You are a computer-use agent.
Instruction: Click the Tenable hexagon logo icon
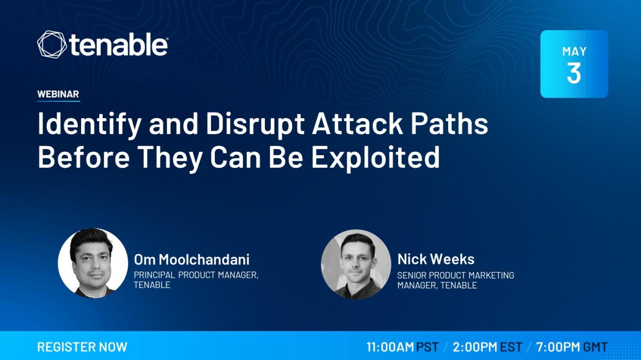pos(52,45)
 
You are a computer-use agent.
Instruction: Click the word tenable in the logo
pos(118,45)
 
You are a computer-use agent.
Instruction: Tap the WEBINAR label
pos(58,94)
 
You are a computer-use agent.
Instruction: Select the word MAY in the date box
pos(574,52)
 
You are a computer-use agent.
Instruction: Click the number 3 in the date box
pos(574,73)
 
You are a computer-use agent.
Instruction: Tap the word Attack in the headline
pos(358,124)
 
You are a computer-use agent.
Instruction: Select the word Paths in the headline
pos(449,124)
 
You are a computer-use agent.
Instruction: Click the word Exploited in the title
pos(376,158)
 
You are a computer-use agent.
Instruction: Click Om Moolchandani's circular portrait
pos(93,263)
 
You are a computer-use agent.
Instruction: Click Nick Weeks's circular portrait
pos(356,264)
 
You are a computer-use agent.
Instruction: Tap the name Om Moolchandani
pos(191,259)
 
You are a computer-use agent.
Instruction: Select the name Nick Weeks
pos(436,259)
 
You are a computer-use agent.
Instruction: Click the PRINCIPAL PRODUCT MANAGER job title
pos(196,275)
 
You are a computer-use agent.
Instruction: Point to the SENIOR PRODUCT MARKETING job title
pos(456,275)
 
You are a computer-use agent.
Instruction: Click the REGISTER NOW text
pos(82,347)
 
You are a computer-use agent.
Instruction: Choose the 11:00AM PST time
pos(403,347)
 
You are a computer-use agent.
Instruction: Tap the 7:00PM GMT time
pos(572,347)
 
